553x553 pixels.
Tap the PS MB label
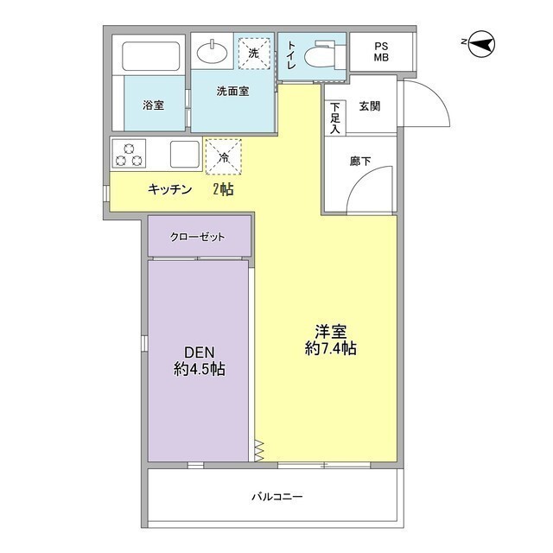click(381, 52)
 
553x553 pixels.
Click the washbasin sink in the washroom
click(212, 53)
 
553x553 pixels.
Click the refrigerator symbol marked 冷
click(224, 157)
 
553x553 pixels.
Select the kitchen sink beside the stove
click(185, 154)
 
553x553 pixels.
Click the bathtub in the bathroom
click(150, 57)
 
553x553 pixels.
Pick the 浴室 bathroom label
click(154, 105)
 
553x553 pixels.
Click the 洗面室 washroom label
click(232, 91)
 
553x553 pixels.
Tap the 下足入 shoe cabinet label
click(334, 118)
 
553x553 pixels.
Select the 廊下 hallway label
click(360, 161)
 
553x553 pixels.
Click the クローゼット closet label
click(198, 235)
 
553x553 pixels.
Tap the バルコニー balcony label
click(276, 497)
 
